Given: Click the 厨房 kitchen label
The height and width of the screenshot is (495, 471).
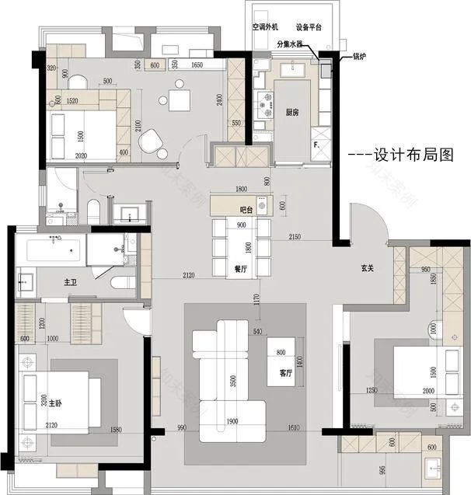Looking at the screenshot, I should point(292,112).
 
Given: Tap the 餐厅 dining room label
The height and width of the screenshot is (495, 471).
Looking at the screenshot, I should point(240,268).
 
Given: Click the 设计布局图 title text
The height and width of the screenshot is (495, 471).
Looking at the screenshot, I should point(403,155).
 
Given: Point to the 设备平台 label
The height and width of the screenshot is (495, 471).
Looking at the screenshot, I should point(309,26).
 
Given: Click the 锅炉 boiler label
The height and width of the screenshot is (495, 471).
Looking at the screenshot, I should point(360,56).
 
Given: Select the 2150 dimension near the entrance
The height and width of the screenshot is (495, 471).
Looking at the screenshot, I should point(295,235).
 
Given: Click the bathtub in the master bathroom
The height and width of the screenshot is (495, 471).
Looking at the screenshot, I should point(51,251).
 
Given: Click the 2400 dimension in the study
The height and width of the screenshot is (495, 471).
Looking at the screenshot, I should point(221,99).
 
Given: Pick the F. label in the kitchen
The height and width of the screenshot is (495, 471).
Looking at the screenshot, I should point(316,145).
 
